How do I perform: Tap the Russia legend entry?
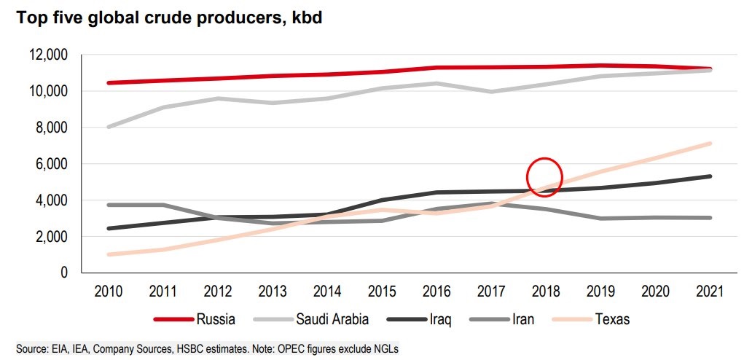(195, 319)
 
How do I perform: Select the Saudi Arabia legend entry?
(311, 319)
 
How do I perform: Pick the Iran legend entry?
(501, 319)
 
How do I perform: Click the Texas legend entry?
(591, 319)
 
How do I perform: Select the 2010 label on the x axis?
(108, 291)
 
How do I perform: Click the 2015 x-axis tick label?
(382, 291)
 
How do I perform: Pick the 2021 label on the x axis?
(710, 291)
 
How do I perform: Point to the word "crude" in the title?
(189, 18)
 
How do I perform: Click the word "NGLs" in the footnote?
(387, 350)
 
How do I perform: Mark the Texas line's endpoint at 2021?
(710, 144)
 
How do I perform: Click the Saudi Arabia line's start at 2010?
(109, 127)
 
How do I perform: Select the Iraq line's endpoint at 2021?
(710, 176)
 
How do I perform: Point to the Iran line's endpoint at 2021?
(710, 218)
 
